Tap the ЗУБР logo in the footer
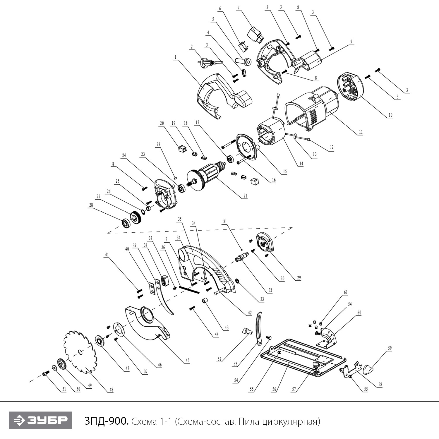pos(41,421)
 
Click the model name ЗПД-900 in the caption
pos(106,421)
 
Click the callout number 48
pos(111,390)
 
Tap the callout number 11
pos(361,132)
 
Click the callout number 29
pos(299,278)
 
